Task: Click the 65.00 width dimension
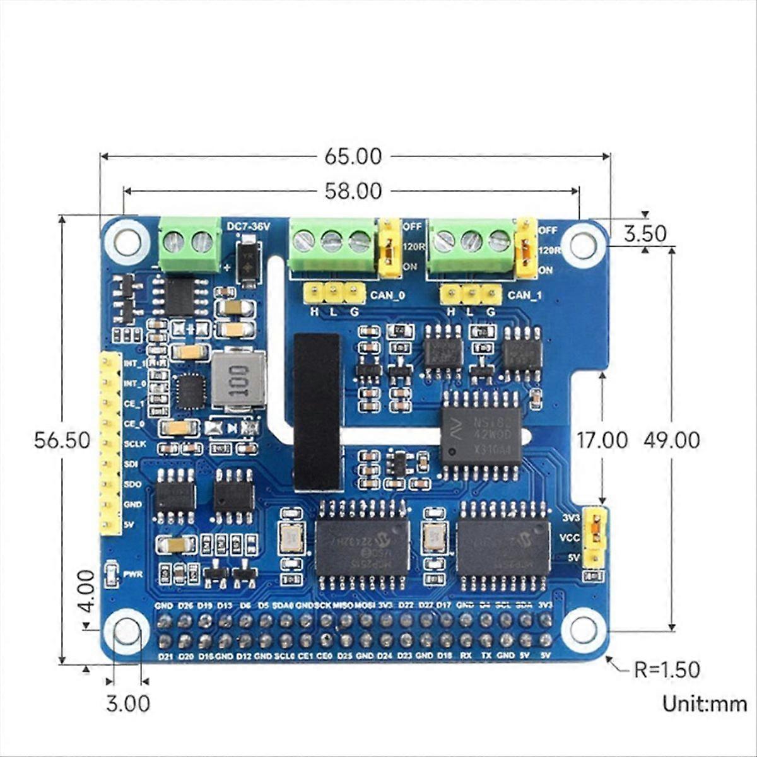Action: click(353, 156)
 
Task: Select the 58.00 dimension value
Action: click(353, 191)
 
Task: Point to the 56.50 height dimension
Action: click(62, 440)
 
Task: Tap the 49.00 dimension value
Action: click(672, 440)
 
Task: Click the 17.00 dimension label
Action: click(603, 440)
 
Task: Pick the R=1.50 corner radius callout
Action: click(667, 669)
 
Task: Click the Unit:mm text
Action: click(704, 703)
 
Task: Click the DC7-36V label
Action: click(247, 225)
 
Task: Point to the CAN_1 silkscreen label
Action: click(525, 295)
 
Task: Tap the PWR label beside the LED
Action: click(133, 574)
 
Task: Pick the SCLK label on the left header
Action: click(135, 443)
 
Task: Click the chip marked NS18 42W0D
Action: click(481, 435)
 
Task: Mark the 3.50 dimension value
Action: click(644, 233)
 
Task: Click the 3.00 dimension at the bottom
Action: click(128, 703)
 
